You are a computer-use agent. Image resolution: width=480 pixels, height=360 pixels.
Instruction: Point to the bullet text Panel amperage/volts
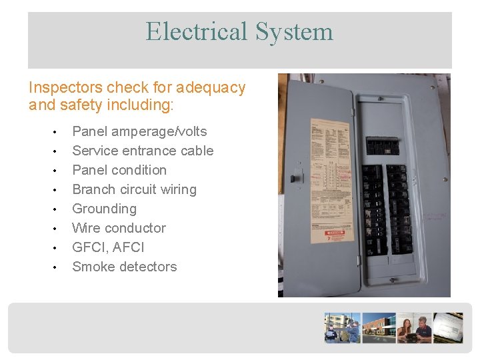coord(139,131)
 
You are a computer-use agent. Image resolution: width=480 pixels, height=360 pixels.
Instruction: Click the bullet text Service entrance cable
coord(143,151)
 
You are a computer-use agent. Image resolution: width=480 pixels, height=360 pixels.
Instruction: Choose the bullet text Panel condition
coord(119,170)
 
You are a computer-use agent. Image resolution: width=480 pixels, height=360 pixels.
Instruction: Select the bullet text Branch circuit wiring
coord(134,189)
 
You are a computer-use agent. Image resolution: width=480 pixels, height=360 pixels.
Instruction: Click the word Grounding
coord(104,209)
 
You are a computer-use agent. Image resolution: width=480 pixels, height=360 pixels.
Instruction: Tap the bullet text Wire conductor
coord(119,228)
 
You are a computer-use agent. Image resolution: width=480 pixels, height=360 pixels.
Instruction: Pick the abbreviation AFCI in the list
coord(129,247)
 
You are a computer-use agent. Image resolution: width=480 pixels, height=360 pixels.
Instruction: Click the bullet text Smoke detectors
coord(125,267)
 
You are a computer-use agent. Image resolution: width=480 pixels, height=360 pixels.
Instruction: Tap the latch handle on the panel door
coord(296,178)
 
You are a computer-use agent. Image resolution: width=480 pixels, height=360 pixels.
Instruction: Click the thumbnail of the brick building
coord(379,327)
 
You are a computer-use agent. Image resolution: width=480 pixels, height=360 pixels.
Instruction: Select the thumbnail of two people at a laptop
coord(413,327)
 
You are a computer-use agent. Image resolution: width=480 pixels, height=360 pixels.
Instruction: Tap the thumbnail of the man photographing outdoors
coord(342,327)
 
